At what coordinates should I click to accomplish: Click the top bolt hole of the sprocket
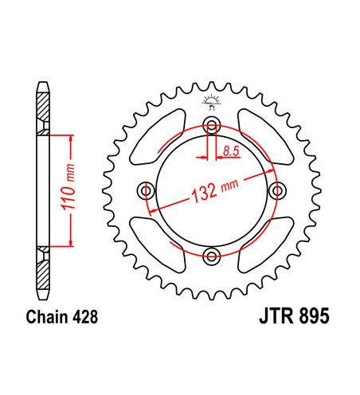[212, 125]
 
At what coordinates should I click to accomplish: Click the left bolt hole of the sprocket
[147, 190]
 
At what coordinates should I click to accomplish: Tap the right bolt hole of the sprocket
[278, 190]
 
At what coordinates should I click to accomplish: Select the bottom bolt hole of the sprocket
[212, 256]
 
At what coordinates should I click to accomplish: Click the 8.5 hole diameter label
[231, 150]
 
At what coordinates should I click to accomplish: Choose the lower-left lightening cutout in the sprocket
[163, 243]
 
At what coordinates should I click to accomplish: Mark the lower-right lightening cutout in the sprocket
[261, 243]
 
